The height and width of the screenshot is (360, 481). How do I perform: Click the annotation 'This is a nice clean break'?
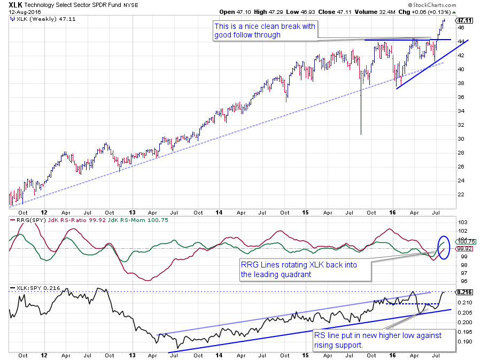pyautogui.click(x=265, y=30)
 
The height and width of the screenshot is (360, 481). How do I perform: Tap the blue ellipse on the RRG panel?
pyautogui.click(x=444, y=250)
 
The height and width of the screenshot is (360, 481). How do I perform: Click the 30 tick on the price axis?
pyautogui.click(x=460, y=139)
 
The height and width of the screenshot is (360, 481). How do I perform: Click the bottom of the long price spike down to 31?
pyautogui.click(x=361, y=135)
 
